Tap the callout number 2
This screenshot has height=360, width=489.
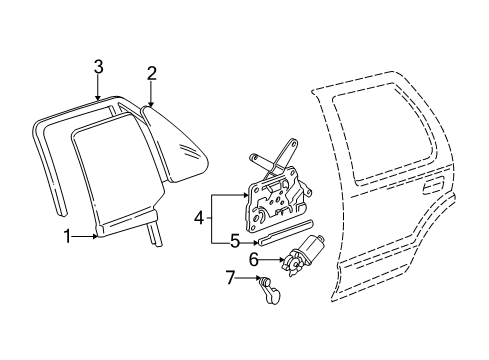(x=151, y=72)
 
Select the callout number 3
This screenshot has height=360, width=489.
(x=98, y=67)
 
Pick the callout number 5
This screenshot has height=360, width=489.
(x=235, y=241)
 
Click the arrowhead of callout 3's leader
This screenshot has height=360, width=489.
(x=98, y=99)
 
